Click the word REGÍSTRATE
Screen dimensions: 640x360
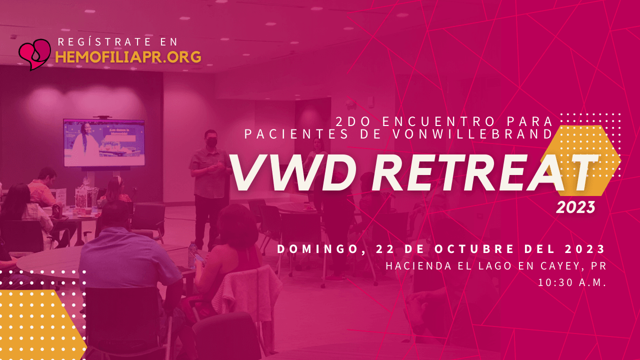point(104,42)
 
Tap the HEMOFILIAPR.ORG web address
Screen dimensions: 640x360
point(128,57)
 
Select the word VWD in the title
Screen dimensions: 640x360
point(293,172)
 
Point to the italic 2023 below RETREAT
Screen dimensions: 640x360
point(575,207)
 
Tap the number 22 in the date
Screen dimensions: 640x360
point(384,249)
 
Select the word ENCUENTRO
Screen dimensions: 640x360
point(438,121)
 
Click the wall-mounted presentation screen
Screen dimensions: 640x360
point(104,143)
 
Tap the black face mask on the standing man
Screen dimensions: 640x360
point(211,142)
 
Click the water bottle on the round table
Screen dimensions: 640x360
point(193,255)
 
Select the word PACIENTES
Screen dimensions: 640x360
point(296,134)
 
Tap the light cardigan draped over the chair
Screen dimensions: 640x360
point(248,294)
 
